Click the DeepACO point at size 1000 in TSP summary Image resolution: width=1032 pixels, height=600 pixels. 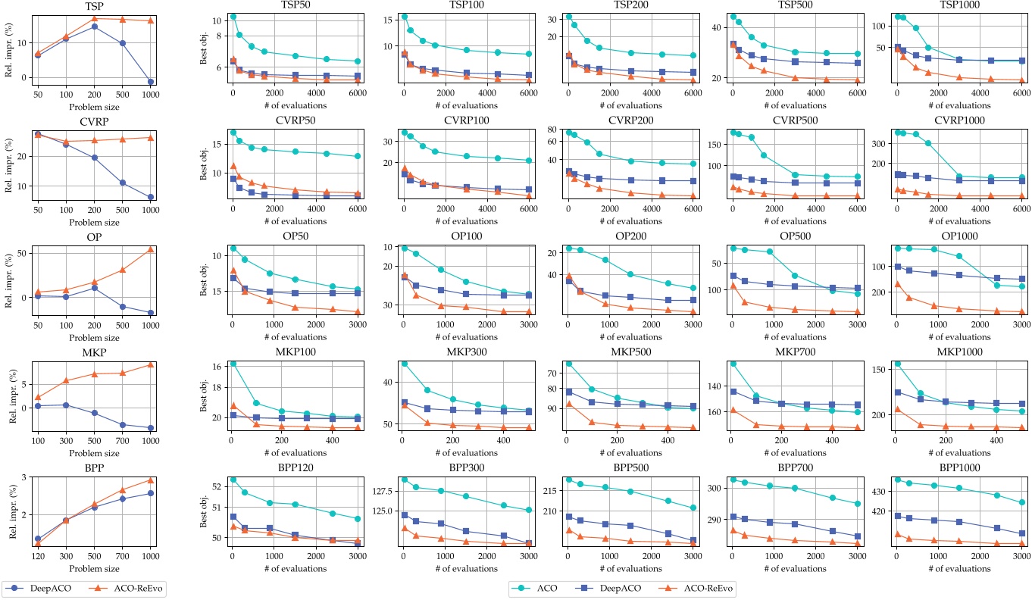[x=150, y=82]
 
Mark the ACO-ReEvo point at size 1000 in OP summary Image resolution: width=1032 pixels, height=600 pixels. [x=150, y=249]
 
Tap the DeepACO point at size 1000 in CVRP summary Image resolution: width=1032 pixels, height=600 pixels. [x=150, y=197]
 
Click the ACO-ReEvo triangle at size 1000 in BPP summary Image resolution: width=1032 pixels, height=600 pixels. [x=150, y=480]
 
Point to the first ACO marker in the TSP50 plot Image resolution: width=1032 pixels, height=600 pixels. [x=233, y=17]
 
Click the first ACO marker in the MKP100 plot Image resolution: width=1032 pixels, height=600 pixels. [x=233, y=364]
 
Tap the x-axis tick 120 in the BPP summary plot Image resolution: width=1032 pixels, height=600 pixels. [x=38, y=555]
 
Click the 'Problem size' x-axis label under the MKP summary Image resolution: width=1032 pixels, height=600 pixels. [x=94, y=453]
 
